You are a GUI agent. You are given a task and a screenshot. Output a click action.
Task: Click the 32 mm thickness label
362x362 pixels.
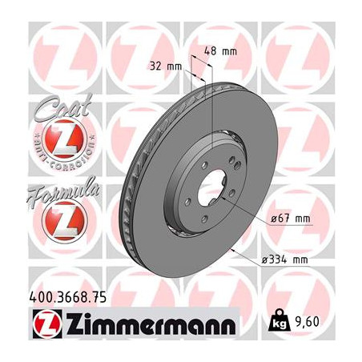click(164, 67)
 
